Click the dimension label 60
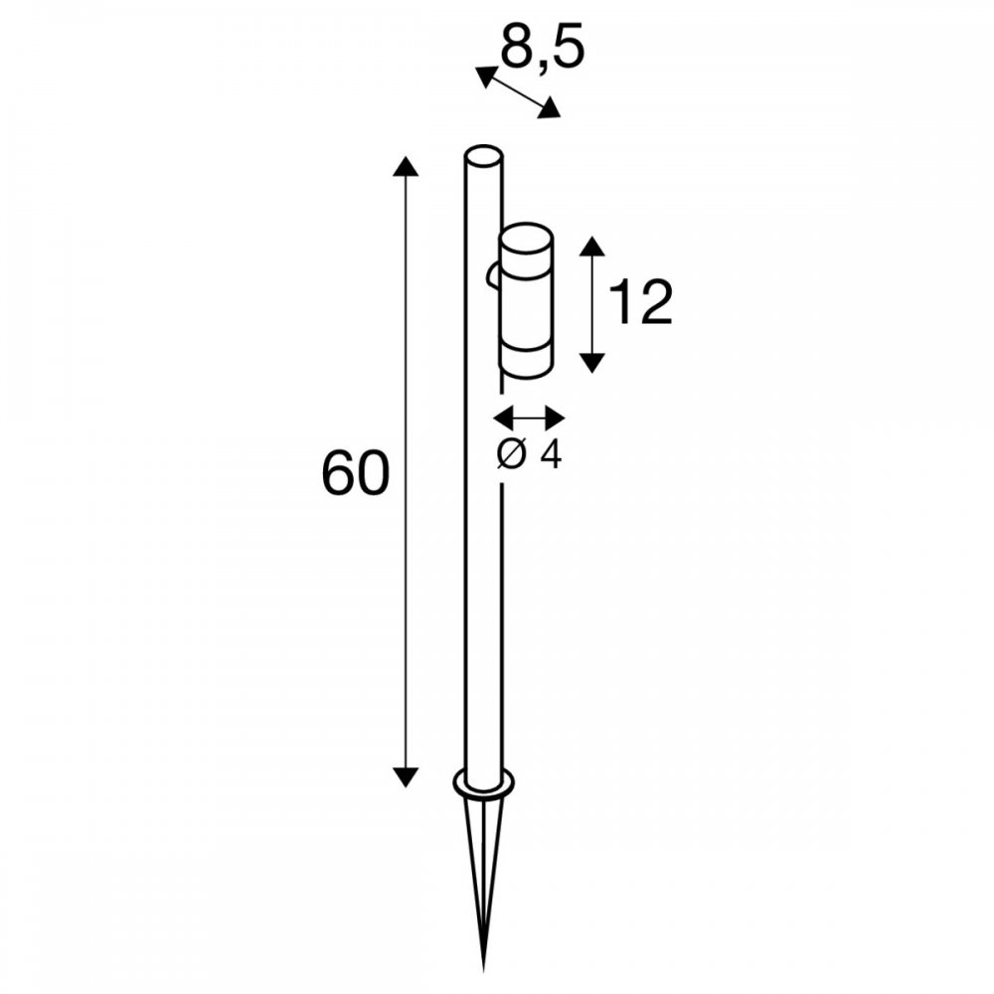point(355,473)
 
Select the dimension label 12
point(640,303)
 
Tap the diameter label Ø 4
point(529,454)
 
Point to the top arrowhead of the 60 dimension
point(406,165)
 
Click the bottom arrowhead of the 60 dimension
point(406,776)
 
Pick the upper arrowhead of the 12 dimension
point(592,247)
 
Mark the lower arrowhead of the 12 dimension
point(592,362)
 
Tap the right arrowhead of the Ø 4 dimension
point(554,418)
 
